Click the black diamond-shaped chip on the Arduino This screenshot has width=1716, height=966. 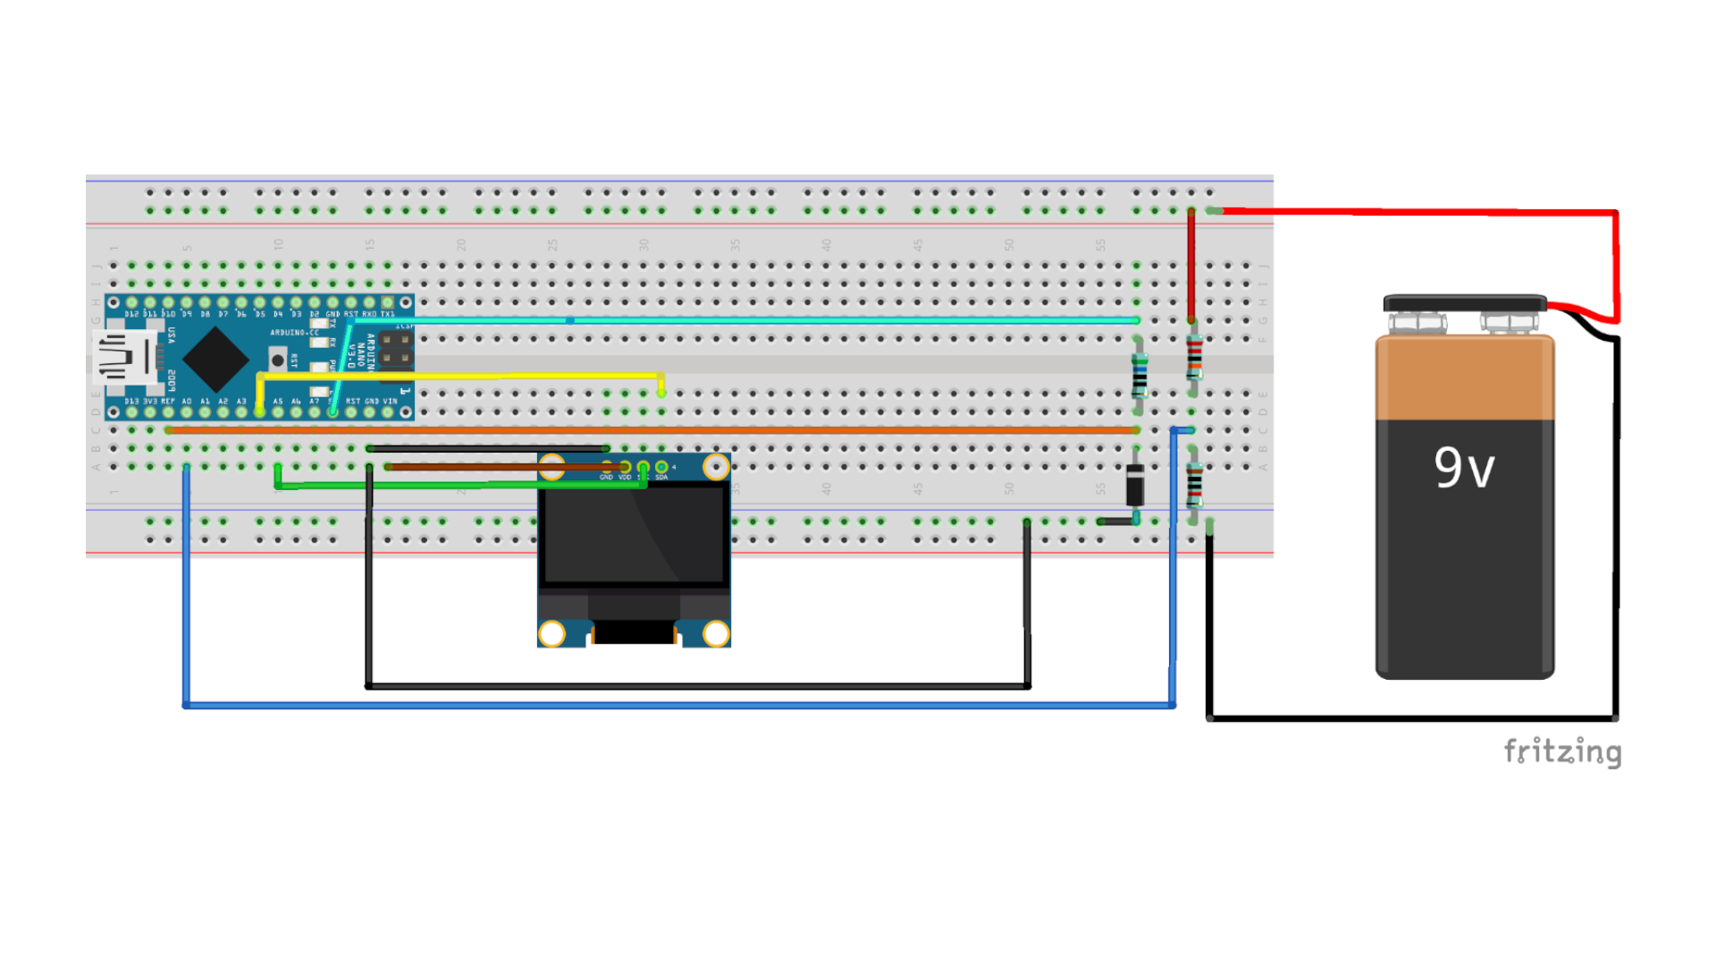tap(214, 359)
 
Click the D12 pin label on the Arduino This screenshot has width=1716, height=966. tap(131, 315)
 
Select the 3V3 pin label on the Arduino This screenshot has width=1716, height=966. tap(149, 402)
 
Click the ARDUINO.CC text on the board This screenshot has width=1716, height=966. tap(294, 333)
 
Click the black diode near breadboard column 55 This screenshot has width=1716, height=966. tap(1135, 486)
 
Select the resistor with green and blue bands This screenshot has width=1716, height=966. tap(1139, 375)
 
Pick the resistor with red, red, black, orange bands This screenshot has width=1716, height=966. tap(1193, 358)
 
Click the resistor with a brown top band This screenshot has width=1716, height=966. tap(1194, 486)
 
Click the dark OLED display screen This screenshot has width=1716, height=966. tap(634, 535)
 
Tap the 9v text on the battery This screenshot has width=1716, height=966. tap(1464, 468)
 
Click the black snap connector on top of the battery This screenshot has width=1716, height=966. tap(1464, 303)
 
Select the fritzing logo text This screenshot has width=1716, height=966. tap(1561, 751)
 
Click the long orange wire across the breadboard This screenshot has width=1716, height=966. tap(652, 430)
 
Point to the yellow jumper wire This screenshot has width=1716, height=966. tap(460, 376)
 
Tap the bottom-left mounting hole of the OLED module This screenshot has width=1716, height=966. tap(552, 633)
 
